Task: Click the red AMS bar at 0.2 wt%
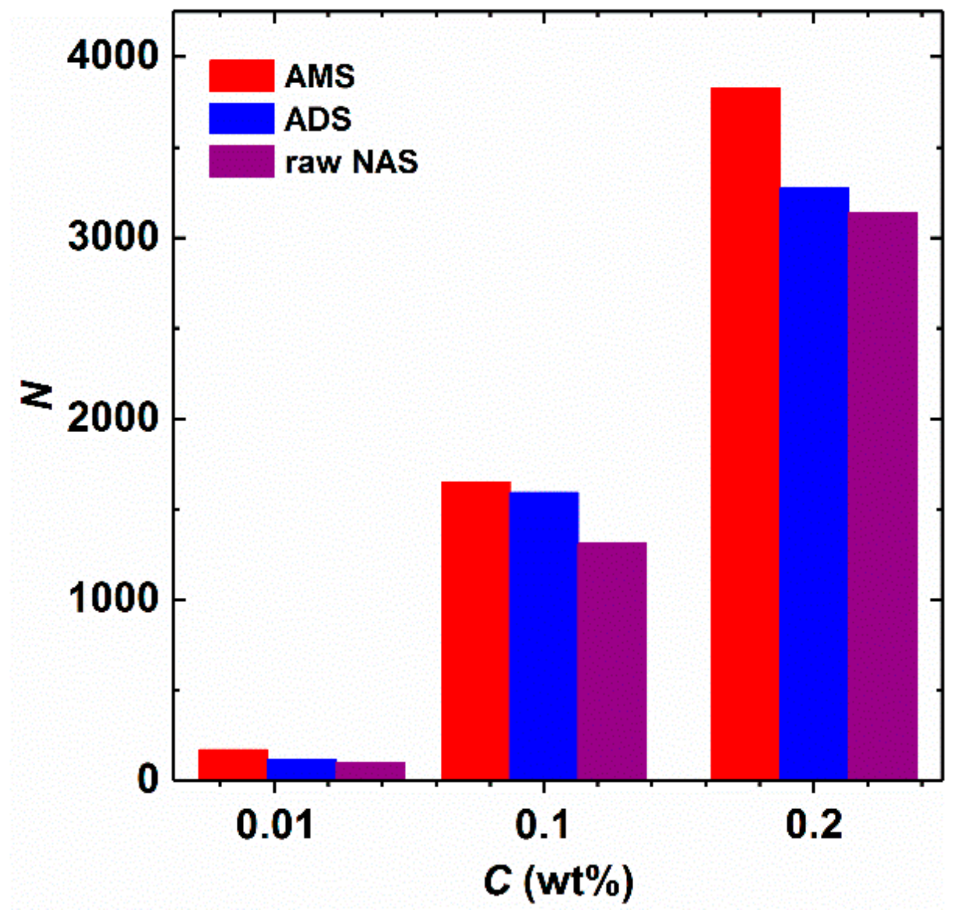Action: pyautogui.click(x=745, y=433)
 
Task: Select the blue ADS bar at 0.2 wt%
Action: pyautogui.click(x=814, y=483)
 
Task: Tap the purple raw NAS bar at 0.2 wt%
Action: pyautogui.click(x=882, y=495)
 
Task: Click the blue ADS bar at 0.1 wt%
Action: pyautogui.click(x=544, y=636)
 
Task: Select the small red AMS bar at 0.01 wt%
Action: pyautogui.click(x=233, y=764)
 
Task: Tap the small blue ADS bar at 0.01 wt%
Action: pyautogui.click(x=302, y=769)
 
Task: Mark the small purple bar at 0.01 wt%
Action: pyautogui.click(x=370, y=771)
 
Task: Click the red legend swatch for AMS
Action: pyautogui.click(x=241, y=76)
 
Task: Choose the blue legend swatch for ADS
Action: pyautogui.click(x=241, y=118)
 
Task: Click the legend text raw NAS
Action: pyautogui.click(x=352, y=162)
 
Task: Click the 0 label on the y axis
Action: pyautogui.click(x=148, y=779)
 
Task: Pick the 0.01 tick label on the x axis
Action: pyautogui.click(x=274, y=826)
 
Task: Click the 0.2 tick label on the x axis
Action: pyautogui.click(x=814, y=826)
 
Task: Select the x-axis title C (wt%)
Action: pyautogui.click(x=559, y=881)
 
